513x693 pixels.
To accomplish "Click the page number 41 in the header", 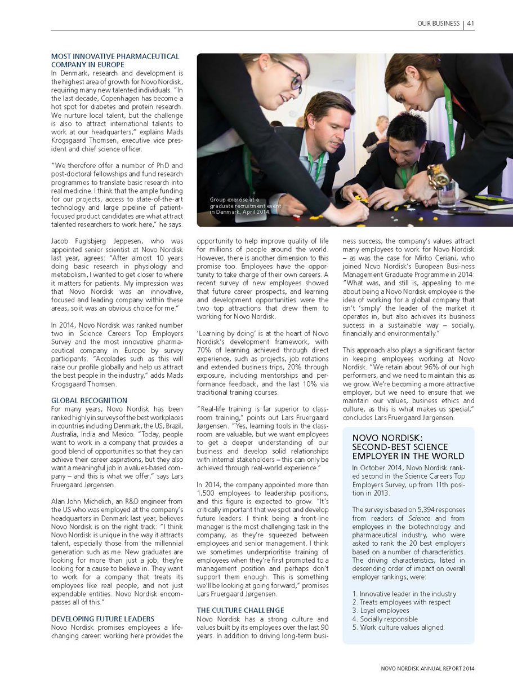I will [470, 23].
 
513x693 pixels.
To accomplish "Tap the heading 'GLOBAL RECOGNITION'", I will [89, 400].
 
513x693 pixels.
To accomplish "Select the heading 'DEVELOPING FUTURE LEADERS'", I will [102, 619].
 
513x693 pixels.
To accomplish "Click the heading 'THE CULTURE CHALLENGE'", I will [240, 610].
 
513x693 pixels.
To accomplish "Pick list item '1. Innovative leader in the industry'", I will [404, 594].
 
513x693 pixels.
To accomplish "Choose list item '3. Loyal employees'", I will [381, 610].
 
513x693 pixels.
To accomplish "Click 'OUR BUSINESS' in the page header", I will [438, 23].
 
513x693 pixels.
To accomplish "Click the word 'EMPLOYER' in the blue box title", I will [376, 456].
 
